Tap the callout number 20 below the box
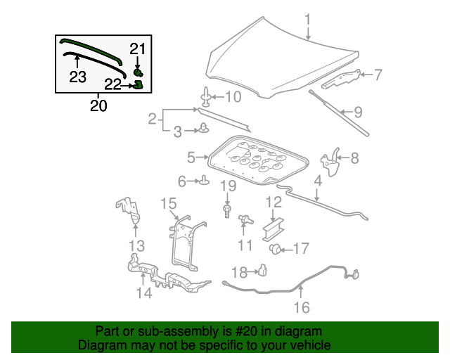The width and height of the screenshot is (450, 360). click(x=99, y=106)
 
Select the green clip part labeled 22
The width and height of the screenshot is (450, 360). click(x=138, y=85)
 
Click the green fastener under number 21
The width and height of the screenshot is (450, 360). click(x=138, y=72)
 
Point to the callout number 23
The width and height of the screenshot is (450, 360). click(x=77, y=76)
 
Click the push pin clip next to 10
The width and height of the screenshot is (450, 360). click(x=206, y=96)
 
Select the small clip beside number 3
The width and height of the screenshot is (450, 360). click(x=204, y=129)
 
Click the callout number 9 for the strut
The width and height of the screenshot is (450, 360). click(x=357, y=111)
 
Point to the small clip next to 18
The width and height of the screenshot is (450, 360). click(x=262, y=270)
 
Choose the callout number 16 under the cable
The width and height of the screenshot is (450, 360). click(x=301, y=307)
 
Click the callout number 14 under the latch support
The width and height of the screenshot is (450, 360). click(x=143, y=292)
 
